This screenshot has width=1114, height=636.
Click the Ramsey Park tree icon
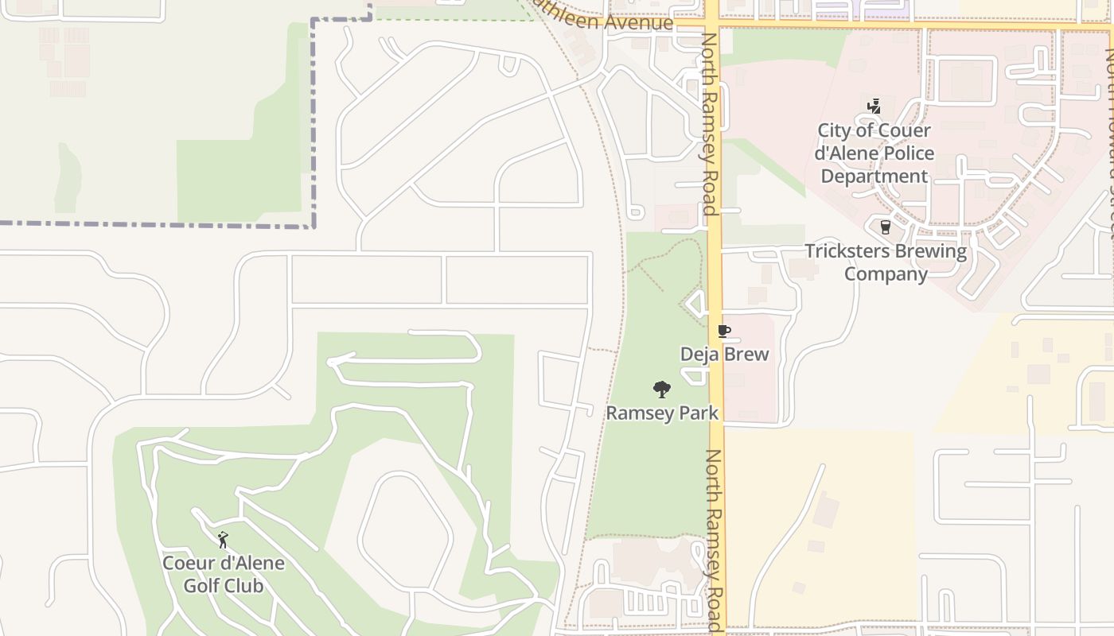[661, 390]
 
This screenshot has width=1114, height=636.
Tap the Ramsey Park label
[662, 413]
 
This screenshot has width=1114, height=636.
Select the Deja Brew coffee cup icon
[723, 331]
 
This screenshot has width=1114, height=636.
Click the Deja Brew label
[724, 354]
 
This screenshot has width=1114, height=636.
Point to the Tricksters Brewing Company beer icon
[885, 227]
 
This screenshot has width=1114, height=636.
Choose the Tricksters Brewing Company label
[886, 262]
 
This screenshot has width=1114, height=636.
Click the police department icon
[874, 106]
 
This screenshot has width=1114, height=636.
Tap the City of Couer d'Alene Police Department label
[874, 153]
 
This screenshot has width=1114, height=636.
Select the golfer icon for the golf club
[223, 540]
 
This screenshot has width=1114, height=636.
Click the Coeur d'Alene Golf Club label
[223, 575]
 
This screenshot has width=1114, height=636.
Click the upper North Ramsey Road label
[709, 123]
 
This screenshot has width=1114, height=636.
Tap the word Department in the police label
[874, 176]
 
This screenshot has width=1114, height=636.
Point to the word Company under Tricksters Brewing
[886, 274]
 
